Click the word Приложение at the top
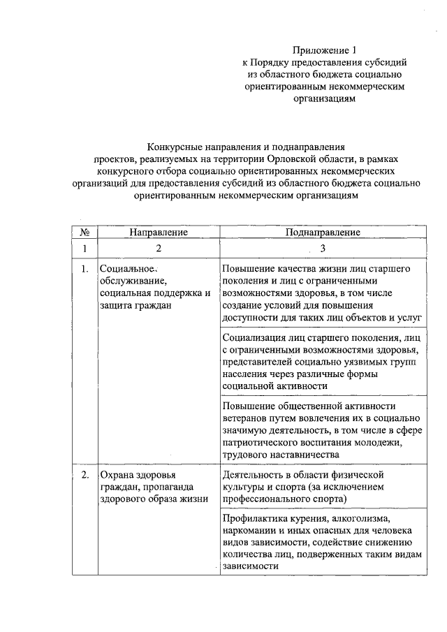click(318, 50)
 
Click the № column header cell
click(84, 232)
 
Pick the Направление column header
click(159, 232)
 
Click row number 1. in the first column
click(84, 269)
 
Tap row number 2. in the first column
click(84, 476)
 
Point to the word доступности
click(250, 316)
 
